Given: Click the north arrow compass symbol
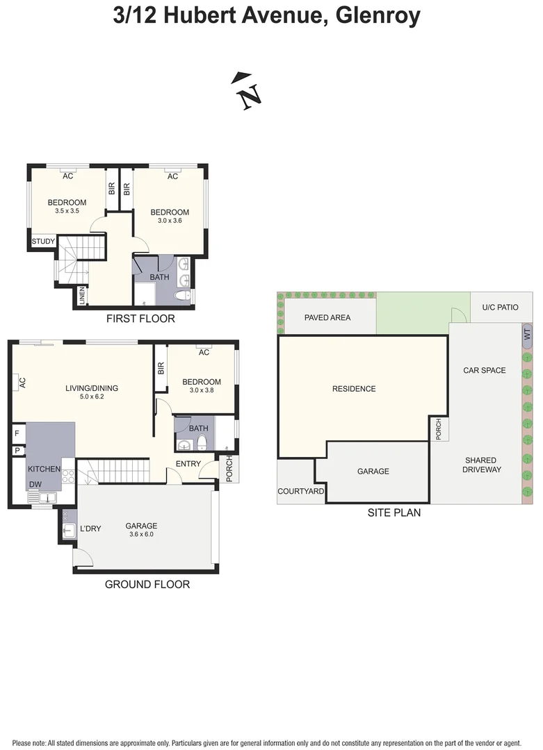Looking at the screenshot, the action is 247,91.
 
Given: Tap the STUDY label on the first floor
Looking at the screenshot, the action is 43,242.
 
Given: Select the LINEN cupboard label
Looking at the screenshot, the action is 82,296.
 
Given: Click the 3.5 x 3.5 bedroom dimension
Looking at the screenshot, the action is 67,210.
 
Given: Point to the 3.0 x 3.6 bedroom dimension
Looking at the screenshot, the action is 170,221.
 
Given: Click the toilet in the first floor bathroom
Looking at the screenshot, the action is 182,295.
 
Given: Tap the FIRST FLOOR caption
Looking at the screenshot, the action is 140,319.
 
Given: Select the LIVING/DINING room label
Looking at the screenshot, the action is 92,388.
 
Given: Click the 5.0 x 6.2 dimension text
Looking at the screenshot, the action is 92,397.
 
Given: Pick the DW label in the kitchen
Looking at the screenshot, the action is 35,484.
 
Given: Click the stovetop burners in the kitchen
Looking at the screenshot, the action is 68,476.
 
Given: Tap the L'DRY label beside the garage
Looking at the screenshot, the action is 90,528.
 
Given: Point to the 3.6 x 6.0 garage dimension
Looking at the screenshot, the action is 141,534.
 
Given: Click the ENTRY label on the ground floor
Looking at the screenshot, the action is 188,463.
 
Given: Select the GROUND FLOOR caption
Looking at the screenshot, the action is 147,584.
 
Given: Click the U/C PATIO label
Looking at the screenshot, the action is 501,307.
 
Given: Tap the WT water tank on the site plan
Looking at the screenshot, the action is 527,333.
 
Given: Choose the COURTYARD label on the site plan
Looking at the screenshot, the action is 301,491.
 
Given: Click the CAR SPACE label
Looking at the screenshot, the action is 485,370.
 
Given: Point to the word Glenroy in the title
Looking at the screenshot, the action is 378,15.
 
